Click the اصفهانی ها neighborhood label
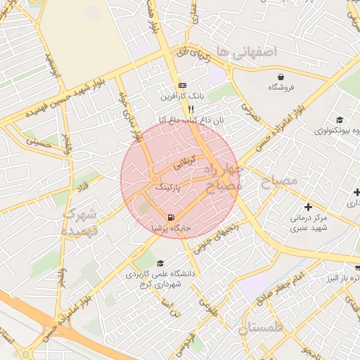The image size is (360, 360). click(247, 51)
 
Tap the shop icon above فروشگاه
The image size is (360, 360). click(281, 76)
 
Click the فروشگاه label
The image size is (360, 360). click(281, 87)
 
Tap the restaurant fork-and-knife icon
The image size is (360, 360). click(191, 109)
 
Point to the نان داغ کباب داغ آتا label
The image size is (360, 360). click(191, 120)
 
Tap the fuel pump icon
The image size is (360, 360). click(172, 217)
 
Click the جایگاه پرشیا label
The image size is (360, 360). click(172, 229)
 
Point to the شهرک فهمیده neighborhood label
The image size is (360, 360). click(82, 221)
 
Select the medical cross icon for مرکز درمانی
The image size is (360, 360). click(308, 207)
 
